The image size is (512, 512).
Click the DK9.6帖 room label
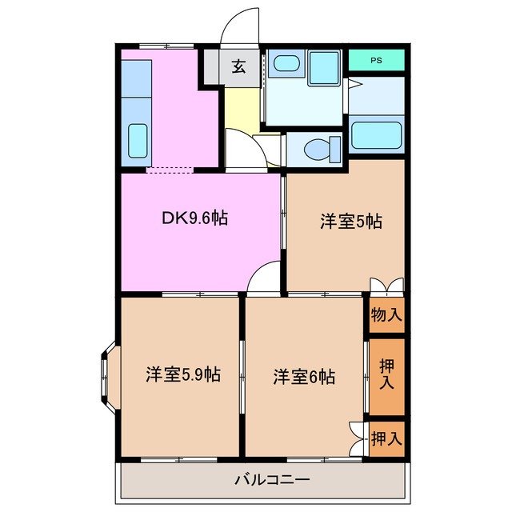194,218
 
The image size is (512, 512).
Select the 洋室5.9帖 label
183,374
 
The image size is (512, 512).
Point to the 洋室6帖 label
304,375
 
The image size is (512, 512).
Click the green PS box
376,60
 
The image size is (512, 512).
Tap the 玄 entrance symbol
238,67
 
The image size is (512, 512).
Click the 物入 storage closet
386,314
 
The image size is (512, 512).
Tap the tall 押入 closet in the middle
386,375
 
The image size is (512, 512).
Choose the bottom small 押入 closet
386,438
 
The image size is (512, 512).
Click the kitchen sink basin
138,142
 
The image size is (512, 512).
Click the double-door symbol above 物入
386,286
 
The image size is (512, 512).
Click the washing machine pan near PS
324,64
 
